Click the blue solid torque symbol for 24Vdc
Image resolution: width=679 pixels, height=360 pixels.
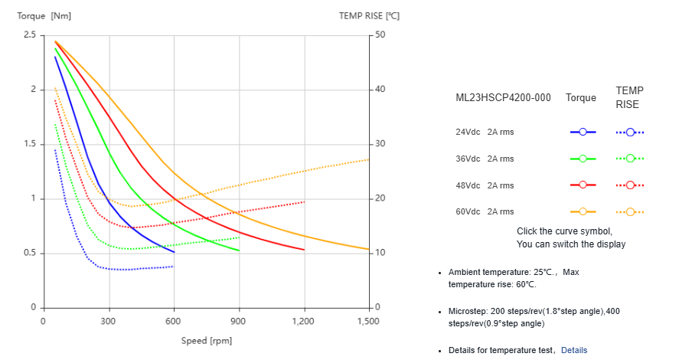coord(583,132)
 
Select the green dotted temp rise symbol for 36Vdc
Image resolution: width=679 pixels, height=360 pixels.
coord(630,159)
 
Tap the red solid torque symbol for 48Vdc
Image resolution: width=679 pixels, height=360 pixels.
coord(583,185)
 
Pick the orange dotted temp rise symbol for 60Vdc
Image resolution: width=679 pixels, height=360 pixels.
coord(630,211)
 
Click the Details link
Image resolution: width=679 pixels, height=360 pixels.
coord(574,350)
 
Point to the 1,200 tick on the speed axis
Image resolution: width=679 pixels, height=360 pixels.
coord(304,322)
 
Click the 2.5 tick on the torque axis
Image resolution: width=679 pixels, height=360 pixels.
coord(30,35)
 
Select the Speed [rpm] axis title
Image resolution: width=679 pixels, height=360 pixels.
coord(207,340)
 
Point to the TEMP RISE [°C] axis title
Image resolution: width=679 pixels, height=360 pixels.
coord(369,15)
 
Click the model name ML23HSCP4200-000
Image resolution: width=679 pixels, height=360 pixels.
coord(503,97)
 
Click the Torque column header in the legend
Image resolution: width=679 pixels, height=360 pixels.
coord(581,97)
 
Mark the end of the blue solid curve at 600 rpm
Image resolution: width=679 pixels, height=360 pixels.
coord(174,252)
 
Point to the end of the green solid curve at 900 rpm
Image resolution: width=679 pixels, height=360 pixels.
coord(239,250)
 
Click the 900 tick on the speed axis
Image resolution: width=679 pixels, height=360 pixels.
coord(240,322)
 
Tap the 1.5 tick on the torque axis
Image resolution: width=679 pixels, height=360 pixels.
coord(30,144)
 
